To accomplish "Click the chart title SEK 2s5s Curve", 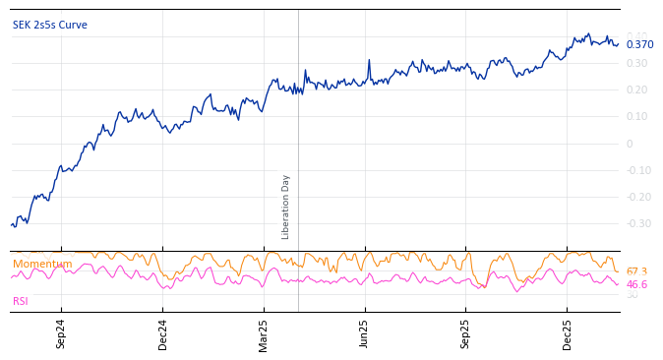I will click(x=50, y=26).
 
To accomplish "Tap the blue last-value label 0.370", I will click(x=639, y=45).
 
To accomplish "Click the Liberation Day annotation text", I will click(x=286, y=207).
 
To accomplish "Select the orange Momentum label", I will click(x=42, y=265).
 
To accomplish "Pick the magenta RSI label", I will click(x=21, y=302).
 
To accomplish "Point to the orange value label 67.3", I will click(x=636, y=272).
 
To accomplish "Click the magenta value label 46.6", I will click(x=636, y=285).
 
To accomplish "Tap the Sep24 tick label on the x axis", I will click(x=61, y=333).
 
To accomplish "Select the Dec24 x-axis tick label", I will click(x=162, y=333).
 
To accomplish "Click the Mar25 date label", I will click(x=264, y=333).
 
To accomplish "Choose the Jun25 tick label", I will click(x=365, y=333).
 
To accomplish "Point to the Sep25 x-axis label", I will click(x=466, y=333).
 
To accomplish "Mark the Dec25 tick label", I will click(x=568, y=333).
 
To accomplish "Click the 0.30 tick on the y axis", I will click(x=637, y=64).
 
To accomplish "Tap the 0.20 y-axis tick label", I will click(x=637, y=90).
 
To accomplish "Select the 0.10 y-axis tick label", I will click(x=637, y=117).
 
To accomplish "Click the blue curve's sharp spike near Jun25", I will click(x=369, y=61).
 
